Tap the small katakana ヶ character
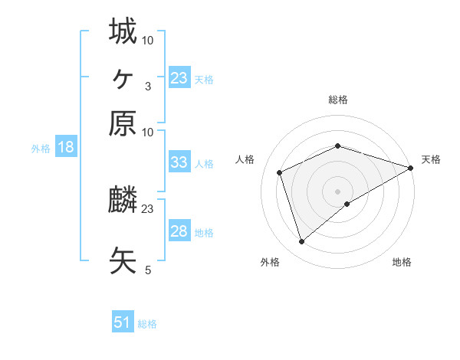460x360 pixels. coord(123,77)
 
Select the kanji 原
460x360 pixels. coord(123,123)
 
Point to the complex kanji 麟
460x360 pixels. coord(123,200)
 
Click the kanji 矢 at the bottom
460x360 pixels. coord(123,259)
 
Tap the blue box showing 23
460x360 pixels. coord(179,78)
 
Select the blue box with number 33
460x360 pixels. coord(179,162)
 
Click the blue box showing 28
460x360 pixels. coord(179,231)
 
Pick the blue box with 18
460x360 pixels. coord(65,148)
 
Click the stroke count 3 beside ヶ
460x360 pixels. coord(148,87)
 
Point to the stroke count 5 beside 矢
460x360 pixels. coord(148,270)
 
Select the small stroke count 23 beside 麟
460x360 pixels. coord(148,208)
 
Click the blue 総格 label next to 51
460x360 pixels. coord(147,324)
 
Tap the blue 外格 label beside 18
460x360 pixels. coord(41,149)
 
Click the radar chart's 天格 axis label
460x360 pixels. coord(432,159)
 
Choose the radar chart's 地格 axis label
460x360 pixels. coord(402,263)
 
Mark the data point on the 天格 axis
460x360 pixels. coord(412,168)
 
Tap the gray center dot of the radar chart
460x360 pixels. coord(338,191)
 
